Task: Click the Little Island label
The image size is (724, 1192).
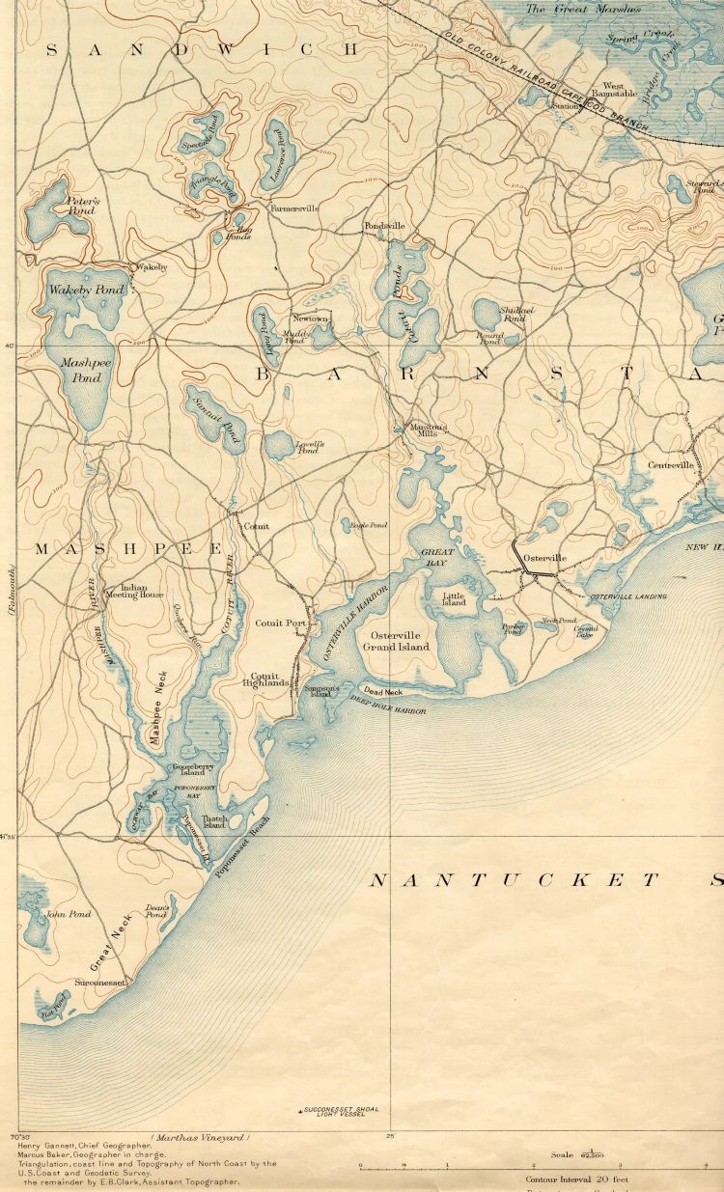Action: coord(454,600)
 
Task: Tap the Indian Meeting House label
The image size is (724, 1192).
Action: coord(141,591)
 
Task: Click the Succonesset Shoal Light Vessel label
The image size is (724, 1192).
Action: coord(334,1112)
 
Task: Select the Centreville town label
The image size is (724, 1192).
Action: coord(671,465)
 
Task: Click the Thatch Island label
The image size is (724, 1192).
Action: coord(213,822)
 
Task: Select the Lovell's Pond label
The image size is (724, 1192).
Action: coord(307,448)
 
